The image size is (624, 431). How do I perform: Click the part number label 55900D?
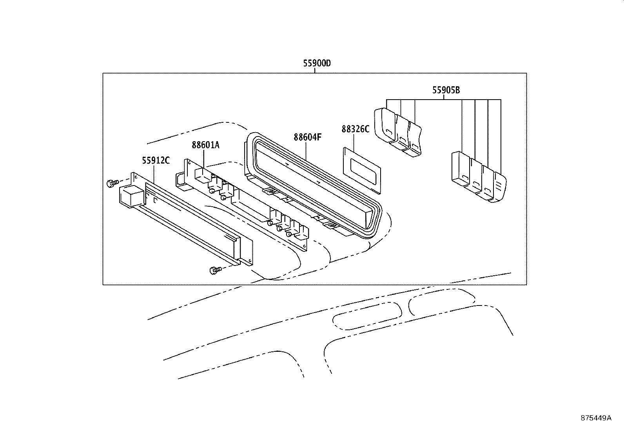317,63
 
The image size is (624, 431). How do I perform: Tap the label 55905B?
446,90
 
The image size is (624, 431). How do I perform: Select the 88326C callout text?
355,129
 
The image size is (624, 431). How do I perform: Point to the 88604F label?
307,137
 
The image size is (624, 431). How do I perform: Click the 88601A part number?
205,145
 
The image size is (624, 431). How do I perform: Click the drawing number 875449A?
596,418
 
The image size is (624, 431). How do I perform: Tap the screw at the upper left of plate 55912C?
112,182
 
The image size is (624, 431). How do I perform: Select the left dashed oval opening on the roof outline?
367,316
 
